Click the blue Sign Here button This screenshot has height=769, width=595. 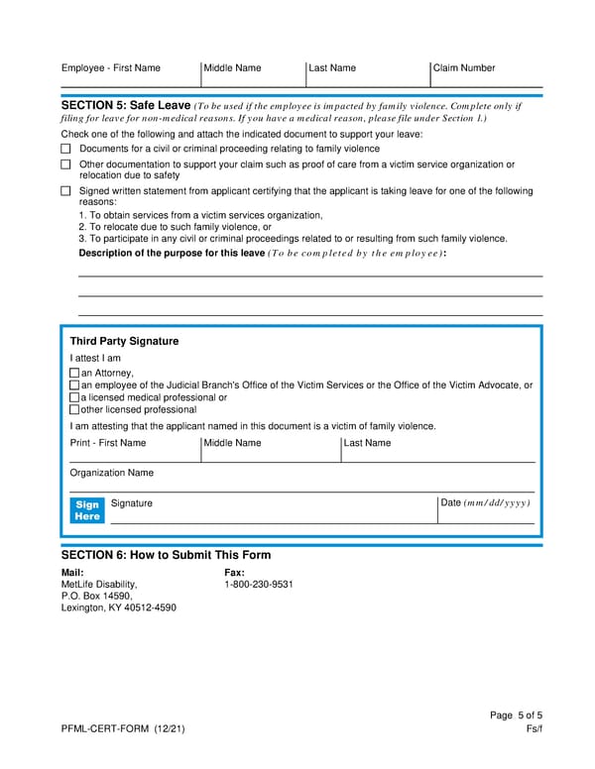point(87,510)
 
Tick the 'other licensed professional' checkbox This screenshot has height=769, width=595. point(74,409)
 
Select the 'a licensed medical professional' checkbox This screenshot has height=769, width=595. point(74,397)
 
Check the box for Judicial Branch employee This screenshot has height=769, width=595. point(74,385)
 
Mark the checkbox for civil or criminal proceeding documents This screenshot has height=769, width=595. point(66,149)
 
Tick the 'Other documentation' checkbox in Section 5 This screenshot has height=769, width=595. point(66,165)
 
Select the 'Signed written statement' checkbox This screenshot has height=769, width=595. point(66,191)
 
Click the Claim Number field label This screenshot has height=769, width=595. point(464,68)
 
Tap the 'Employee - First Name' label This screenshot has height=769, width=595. point(110,68)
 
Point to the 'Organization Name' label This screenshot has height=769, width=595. point(111,473)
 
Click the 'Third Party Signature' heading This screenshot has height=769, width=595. point(124,341)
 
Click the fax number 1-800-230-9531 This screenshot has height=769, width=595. point(259,585)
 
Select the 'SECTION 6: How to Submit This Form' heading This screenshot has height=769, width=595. point(166,555)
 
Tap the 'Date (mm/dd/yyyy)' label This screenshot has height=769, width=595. point(486,503)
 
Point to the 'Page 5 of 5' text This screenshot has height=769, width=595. point(516,716)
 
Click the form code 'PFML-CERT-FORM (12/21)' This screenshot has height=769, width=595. point(122,730)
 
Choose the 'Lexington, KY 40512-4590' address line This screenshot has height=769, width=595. point(118,608)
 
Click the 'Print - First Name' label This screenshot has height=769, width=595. point(107,443)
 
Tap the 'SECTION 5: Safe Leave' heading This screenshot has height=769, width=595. point(125,105)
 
